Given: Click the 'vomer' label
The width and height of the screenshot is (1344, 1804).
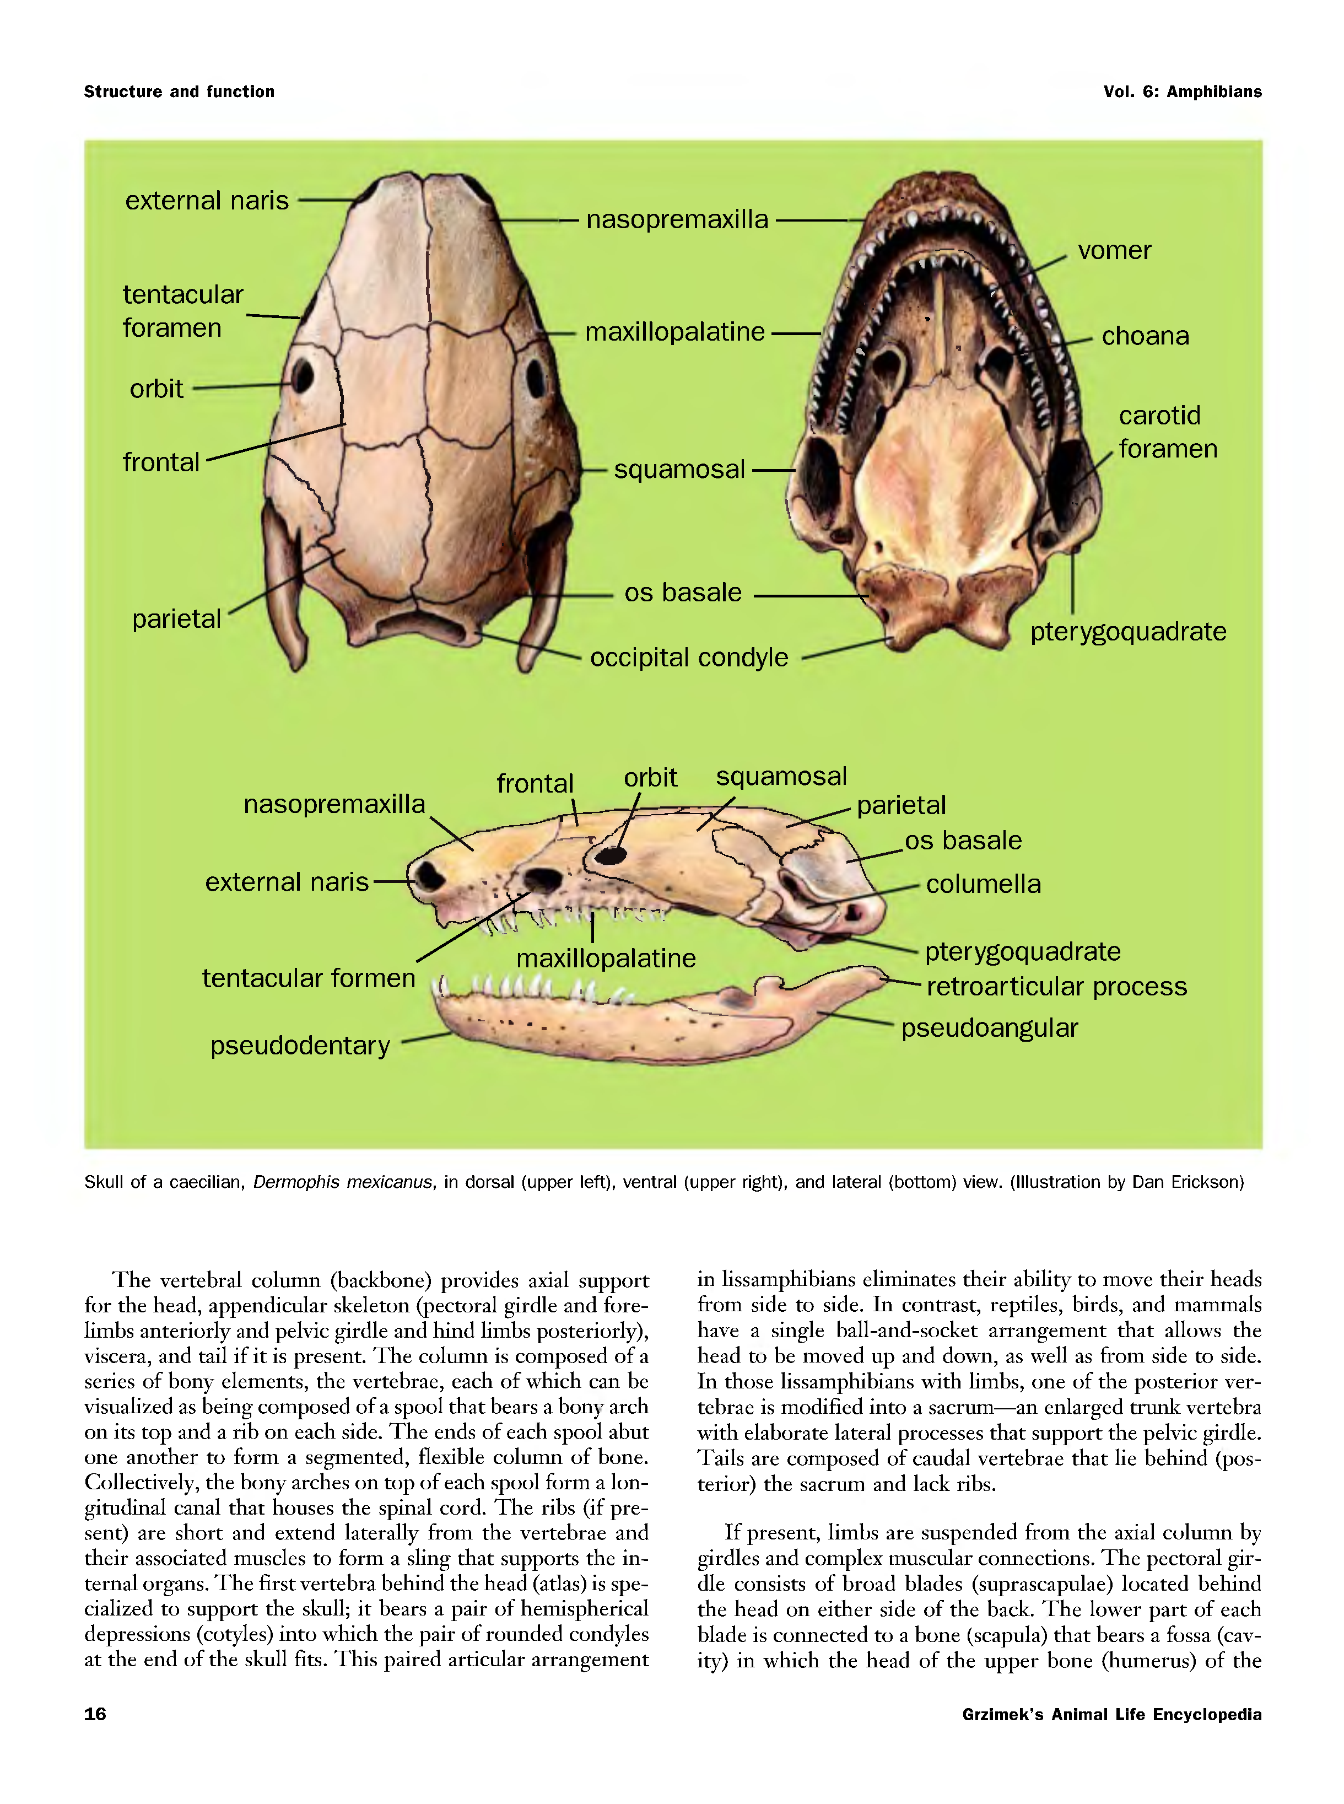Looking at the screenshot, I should pyautogui.click(x=1114, y=251).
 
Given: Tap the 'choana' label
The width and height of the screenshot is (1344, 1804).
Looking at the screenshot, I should pyautogui.click(x=1145, y=336).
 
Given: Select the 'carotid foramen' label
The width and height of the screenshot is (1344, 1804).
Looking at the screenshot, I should pyautogui.click(x=1167, y=432).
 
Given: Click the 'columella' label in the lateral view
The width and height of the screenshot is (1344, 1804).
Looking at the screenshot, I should pyautogui.click(x=983, y=885).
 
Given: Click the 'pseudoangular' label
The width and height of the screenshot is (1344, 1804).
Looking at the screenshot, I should pyautogui.click(x=989, y=1028).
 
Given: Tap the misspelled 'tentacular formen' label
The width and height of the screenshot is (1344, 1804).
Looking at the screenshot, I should pyautogui.click(x=309, y=978).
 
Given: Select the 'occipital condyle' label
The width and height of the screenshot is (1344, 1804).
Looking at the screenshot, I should pyautogui.click(x=688, y=658).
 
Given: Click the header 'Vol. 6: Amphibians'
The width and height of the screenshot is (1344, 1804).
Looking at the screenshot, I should pyautogui.click(x=1182, y=92).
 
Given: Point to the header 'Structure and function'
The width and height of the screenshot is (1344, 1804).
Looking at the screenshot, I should pyautogui.click(x=179, y=92).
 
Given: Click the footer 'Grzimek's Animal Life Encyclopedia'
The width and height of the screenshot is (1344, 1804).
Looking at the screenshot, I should pyautogui.click(x=1111, y=1715).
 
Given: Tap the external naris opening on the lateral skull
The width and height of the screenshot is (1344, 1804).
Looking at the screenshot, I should pyautogui.click(x=429, y=876).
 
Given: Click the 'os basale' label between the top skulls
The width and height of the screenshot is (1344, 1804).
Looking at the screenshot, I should pyautogui.click(x=683, y=593).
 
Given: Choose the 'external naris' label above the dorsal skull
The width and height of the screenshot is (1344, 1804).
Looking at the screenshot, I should pyautogui.click(x=207, y=201).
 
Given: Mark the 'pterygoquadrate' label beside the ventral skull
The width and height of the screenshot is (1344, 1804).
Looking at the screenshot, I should pyautogui.click(x=1127, y=632).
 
